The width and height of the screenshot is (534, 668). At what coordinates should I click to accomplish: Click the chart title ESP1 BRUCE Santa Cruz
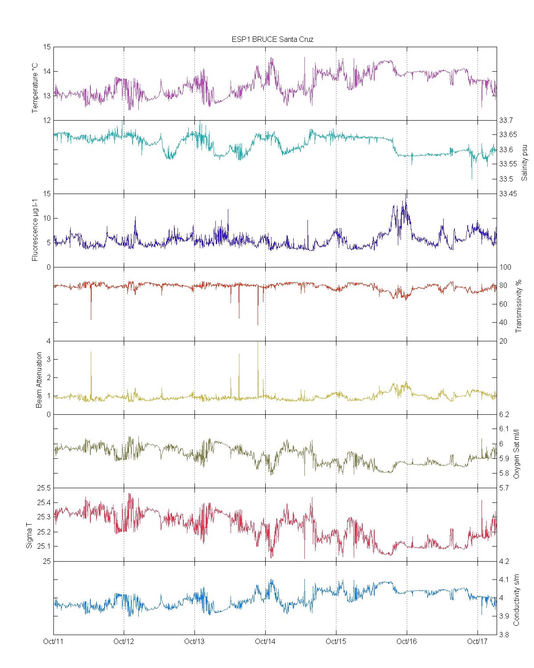pyautogui.click(x=272, y=39)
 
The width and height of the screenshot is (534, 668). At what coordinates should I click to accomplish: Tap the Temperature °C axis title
pyautogui.click(x=35, y=88)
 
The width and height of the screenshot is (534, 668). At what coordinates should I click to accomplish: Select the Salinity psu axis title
pyautogui.click(x=524, y=162)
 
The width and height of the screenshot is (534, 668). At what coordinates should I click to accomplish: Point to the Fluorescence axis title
pyautogui.click(x=35, y=230)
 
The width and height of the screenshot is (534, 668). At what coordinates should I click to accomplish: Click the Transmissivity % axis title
pyautogui.click(x=518, y=306)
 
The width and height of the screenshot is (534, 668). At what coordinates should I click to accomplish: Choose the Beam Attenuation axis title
pyautogui.click(x=39, y=380)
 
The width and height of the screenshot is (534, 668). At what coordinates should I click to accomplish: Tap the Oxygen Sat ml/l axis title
pyautogui.click(x=517, y=454)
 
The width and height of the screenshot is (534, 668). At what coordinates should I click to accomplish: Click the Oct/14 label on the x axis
pyautogui.click(x=265, y=641)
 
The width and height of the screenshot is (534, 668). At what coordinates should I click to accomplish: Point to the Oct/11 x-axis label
pyautogui.click(x=53, y=641)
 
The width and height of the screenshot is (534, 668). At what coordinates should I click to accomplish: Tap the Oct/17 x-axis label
pyautogui.click(x=477, y=641)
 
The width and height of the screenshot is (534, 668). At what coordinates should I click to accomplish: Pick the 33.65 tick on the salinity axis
pyautogui.click(x=508, y=135)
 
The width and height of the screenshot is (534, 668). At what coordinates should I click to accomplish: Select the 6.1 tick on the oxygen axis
pyautogui.click(x=504, y=429)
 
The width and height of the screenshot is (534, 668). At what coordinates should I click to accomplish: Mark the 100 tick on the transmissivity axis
pyautogui.click(x=505, y=267)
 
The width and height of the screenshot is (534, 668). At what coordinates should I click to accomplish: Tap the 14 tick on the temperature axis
pyautogui.click(x=46, y=71)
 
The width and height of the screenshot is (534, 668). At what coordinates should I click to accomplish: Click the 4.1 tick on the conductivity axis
pyautogui.click(x=504, y=579)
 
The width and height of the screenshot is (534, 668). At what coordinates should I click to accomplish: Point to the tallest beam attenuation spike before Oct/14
pyautogui.click(x=258, y=343)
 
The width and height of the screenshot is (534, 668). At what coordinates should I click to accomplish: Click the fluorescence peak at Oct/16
pyautogui.click(x=405, y=196)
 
